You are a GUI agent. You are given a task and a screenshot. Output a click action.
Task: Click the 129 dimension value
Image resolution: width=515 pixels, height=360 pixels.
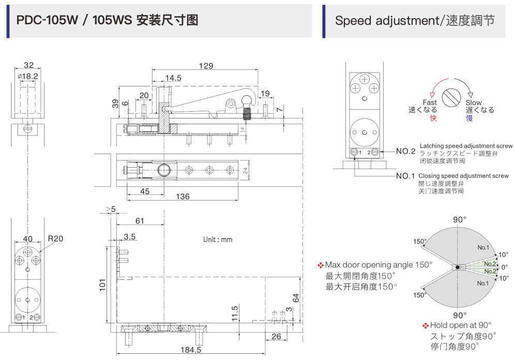[x=206, y=66]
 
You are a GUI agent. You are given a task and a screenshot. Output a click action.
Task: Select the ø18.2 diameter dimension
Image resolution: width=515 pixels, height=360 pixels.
[x=28, y=76]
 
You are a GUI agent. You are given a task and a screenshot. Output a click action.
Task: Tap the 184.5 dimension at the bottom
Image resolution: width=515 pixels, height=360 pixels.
[x=191, y=350]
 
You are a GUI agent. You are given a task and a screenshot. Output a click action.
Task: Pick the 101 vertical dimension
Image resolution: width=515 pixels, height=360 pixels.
[x=102, y=283]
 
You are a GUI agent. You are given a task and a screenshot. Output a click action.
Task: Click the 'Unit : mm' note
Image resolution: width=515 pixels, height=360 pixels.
[x=218, y=240]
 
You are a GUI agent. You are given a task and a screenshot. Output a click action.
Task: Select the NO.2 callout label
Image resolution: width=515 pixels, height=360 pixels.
[x=406, y=152]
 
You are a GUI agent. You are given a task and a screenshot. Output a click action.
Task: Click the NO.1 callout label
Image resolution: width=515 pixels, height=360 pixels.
[x=406, y=176]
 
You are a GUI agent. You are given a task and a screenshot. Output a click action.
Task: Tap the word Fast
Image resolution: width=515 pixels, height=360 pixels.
[x=430, y=102]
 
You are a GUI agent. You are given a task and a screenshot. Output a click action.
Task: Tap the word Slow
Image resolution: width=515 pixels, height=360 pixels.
[x=473, y=102]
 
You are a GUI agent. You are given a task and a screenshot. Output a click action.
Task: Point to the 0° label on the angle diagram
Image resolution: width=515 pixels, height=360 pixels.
[x=505, y=267]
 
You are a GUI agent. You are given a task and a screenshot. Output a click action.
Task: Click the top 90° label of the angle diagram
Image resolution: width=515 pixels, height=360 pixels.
[x=460, y=220]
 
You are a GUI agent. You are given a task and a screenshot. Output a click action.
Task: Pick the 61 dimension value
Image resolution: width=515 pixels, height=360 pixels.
[x=140, y=221]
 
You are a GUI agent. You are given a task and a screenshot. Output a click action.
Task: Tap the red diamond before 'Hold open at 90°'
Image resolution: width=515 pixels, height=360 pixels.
[x=426, y=325]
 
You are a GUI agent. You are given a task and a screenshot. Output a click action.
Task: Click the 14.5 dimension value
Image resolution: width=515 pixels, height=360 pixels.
[x=173, y=78]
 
